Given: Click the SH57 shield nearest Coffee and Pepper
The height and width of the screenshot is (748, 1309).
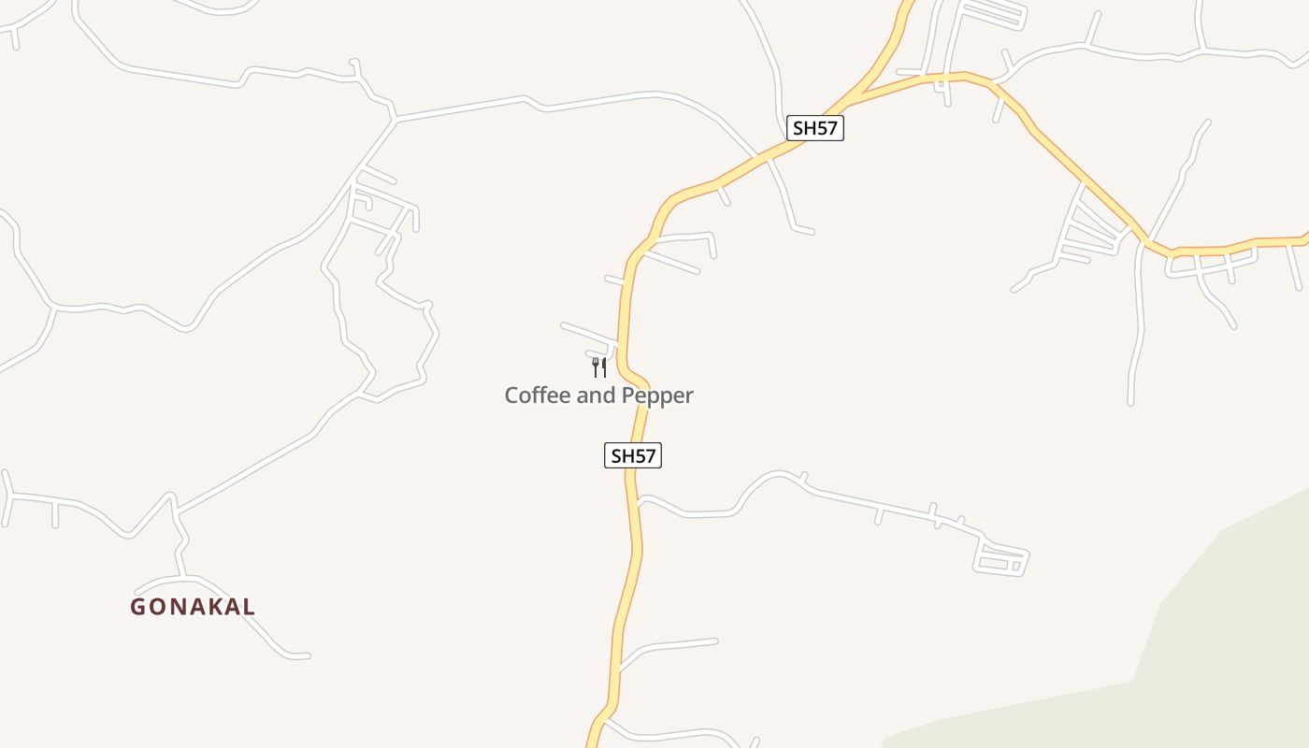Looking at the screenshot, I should [633, 456].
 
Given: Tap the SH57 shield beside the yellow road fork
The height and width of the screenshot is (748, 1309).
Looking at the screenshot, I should [814, 128].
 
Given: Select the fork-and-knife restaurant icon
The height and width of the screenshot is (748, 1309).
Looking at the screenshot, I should [599, 367].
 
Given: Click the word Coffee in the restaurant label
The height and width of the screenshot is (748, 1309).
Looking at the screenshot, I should [538, 396].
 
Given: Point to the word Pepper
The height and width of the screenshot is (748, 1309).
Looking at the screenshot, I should [658, 396].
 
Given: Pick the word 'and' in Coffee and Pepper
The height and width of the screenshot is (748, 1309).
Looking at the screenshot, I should [596, 396].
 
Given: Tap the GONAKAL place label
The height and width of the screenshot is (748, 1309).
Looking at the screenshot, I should [193, 607].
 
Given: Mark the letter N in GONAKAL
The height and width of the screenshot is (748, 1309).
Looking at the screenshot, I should [175, 607].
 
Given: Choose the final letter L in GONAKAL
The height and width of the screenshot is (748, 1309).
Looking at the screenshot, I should [248, 607].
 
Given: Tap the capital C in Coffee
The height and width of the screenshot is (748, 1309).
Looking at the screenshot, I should [512, 396].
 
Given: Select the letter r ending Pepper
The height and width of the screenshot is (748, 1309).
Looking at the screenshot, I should [689, 396].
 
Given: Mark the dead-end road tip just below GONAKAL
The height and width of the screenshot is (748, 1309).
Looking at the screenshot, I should [307, 656].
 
